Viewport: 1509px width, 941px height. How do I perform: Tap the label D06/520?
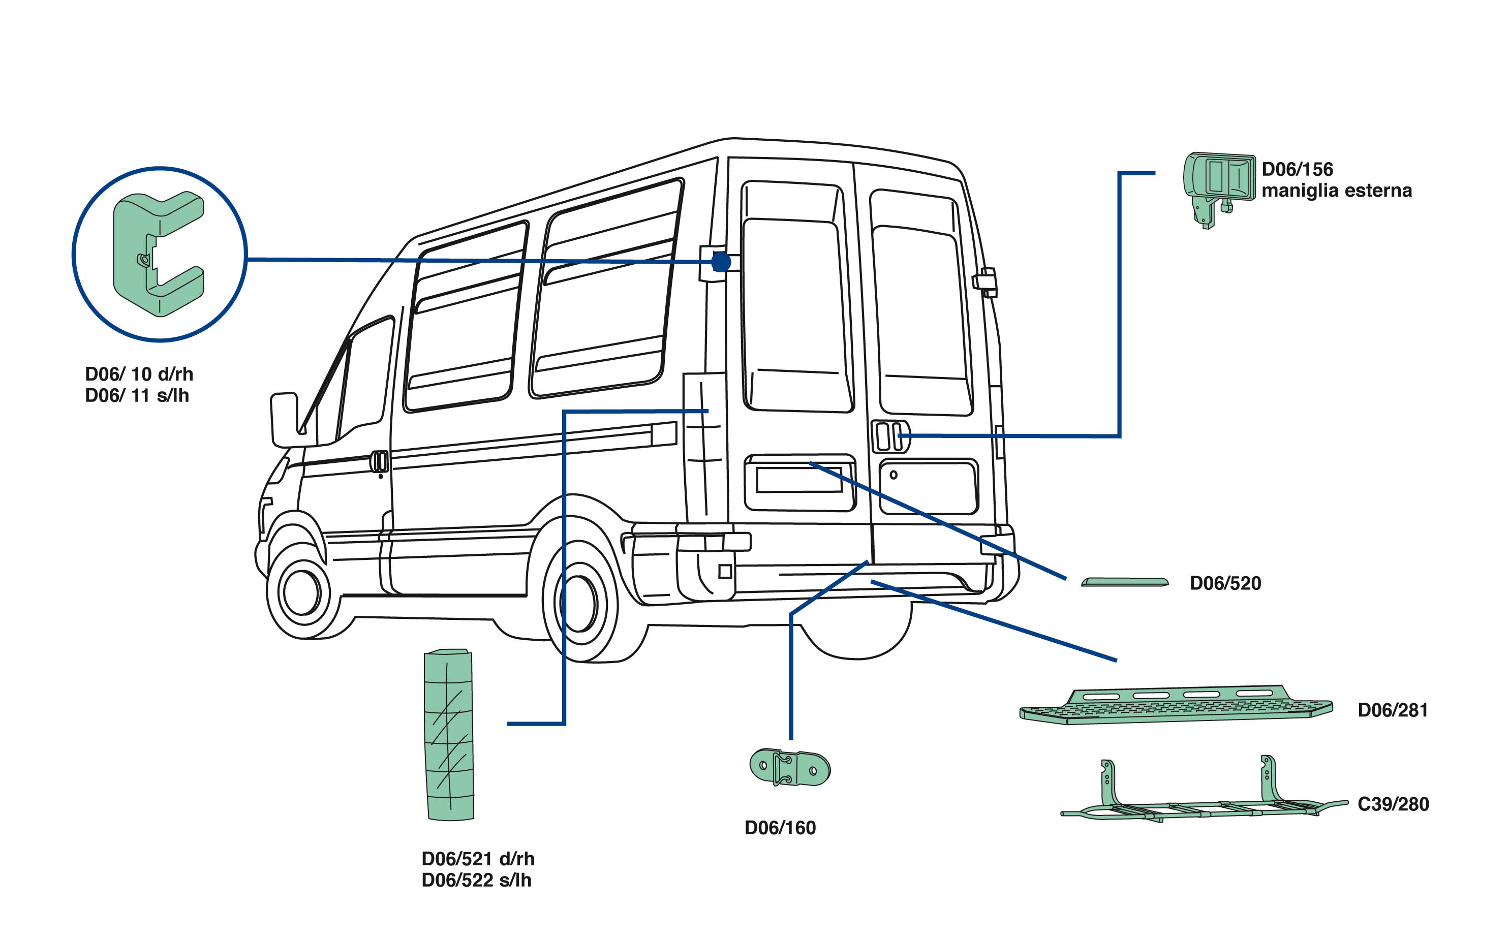point(1224,583)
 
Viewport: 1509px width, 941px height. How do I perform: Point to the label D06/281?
point(1392,710)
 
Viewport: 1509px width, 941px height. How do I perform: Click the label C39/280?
point(1393,804)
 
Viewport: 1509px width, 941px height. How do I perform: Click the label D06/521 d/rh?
point(477,859)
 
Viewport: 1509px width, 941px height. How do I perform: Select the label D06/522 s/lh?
point(476,880)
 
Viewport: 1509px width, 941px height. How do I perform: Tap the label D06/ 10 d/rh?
point(139,374)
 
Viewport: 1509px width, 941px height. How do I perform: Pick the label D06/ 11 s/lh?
point(136,395)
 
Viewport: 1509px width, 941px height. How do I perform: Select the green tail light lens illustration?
point(449,734)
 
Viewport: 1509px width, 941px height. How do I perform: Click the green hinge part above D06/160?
point(789,767)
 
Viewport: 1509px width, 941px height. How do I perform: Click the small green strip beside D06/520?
point(1124,582)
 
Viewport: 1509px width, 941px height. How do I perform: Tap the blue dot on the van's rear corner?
point(721,262)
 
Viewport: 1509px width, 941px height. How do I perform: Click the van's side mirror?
point(285,420)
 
